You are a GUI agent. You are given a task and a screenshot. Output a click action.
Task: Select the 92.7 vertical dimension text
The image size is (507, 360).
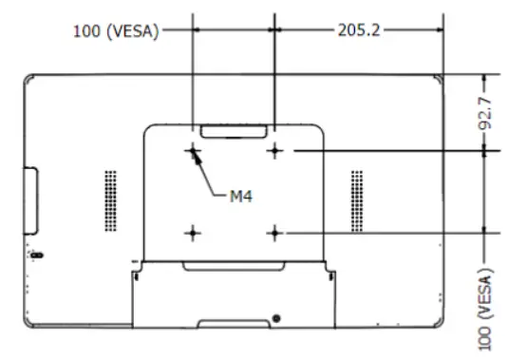click(486, 111)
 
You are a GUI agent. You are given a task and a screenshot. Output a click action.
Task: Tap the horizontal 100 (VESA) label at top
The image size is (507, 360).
click(116, 30)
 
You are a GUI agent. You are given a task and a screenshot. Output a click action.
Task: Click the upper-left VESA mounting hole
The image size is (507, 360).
click(194, 149)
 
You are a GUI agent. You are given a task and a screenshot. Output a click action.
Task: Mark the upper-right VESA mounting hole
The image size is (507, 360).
click(275, 149)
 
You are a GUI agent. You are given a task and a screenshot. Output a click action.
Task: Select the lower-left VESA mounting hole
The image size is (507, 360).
click(194, 231)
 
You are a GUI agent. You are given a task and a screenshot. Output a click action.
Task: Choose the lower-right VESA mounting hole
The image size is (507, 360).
click(275, 231)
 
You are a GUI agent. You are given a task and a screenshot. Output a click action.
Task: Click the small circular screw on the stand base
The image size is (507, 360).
click(276, 316)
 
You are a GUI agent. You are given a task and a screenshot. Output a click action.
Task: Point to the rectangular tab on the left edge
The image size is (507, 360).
click(29, 200)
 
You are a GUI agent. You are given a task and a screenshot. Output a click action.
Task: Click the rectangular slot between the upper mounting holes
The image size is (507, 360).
click(235, 128)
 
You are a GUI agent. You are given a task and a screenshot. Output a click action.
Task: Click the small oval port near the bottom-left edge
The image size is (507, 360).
click(36, 256)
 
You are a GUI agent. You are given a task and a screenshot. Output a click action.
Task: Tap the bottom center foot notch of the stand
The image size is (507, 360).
click(234, 325)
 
